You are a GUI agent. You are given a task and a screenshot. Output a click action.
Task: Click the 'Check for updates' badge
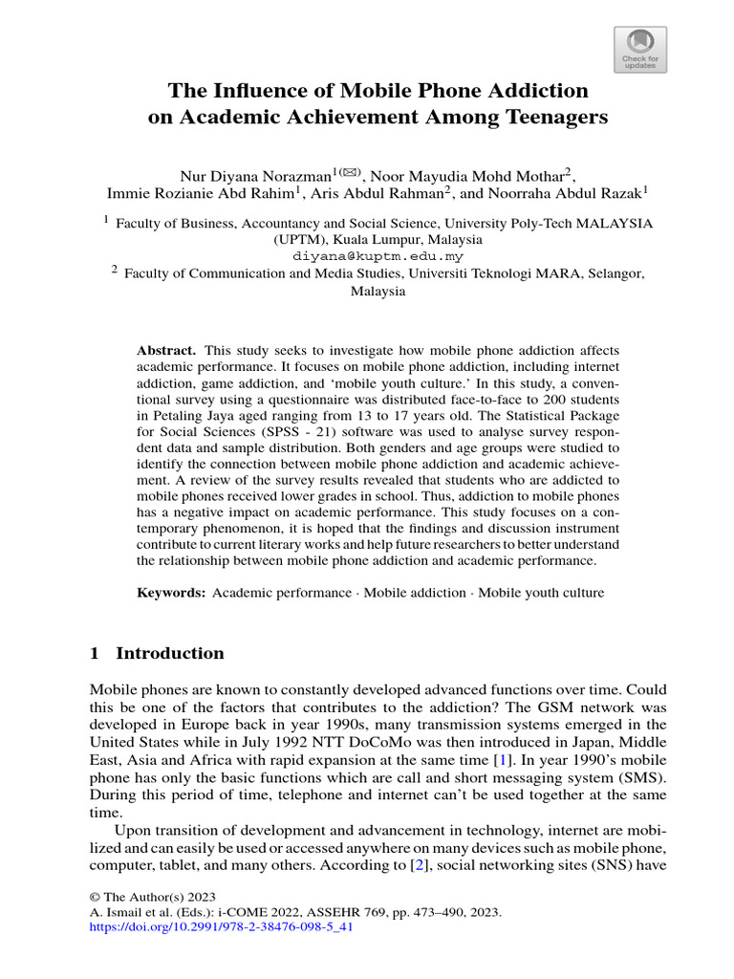639,50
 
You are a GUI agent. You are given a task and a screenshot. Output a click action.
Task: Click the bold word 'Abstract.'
167,351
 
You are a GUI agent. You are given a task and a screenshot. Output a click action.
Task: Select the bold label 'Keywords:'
171,593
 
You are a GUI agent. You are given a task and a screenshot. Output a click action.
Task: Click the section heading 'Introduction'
169,654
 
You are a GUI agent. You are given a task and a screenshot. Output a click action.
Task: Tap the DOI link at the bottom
222,926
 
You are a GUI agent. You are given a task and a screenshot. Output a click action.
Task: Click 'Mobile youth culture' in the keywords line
541,593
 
